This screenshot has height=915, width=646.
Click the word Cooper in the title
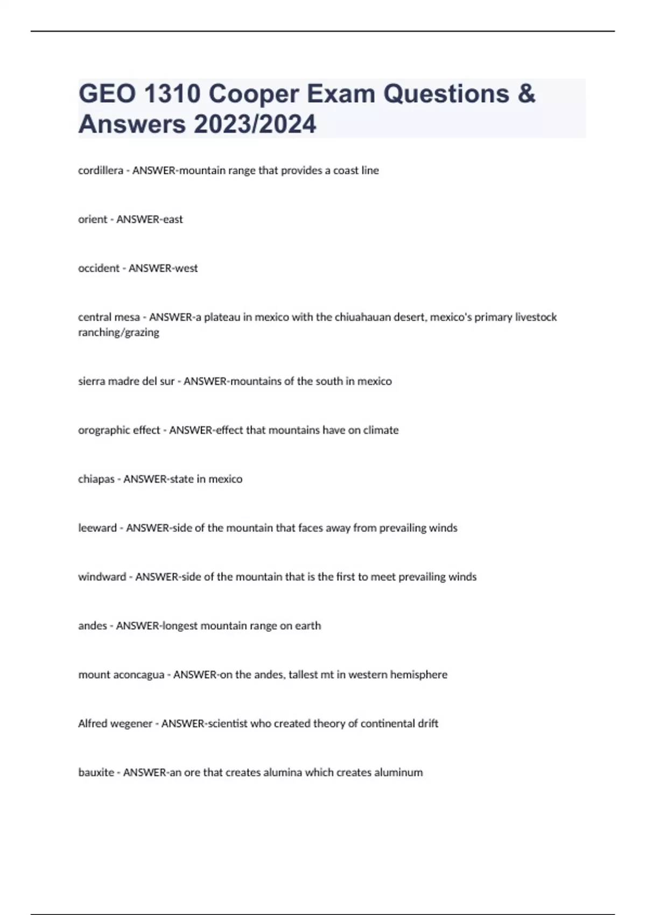pyautogui.click(x=253, y=94)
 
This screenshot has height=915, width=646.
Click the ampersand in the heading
pyautogui.click(x=527, y=94)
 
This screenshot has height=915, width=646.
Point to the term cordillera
pyautogui.click(x=101, y=171)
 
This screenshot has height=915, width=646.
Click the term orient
pyautogui.click(x=93, y=220)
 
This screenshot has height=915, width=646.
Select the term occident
pyautogui.click(x=99, y=269)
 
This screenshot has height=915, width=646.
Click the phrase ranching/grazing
pyautogui.click(x=118, y=333)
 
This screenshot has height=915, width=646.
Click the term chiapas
pyautogui.click(x=96, y=480)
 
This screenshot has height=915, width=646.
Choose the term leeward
pyautogui.click(x=97, y=528)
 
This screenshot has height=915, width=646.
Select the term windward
pyautogui.click(x=102, y=577)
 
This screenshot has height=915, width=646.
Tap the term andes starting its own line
pyautogui.click(x=93, y=626)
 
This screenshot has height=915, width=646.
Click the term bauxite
pyautogui.click(x=96, y=773)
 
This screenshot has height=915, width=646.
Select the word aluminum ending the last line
pyautogui.click(x=398, y=773)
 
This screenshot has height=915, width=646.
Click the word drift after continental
pyautogui.click(x=428, y=724)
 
